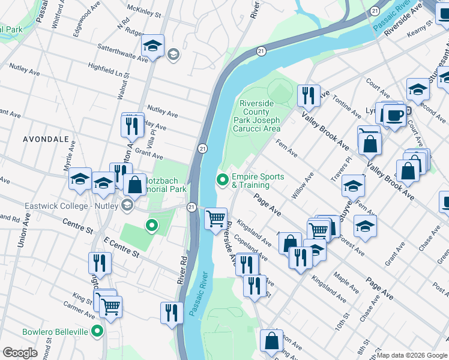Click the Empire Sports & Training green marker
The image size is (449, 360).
coord(223,179)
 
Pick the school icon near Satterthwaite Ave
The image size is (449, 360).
coord(152,46)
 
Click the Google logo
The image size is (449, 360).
coord(20,353)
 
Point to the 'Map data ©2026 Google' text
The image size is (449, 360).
coord(412,355)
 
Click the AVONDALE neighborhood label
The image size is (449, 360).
coord(46,139)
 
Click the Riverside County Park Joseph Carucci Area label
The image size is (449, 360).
coord(260,116)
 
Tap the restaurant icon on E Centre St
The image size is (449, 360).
coord(100,262)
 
